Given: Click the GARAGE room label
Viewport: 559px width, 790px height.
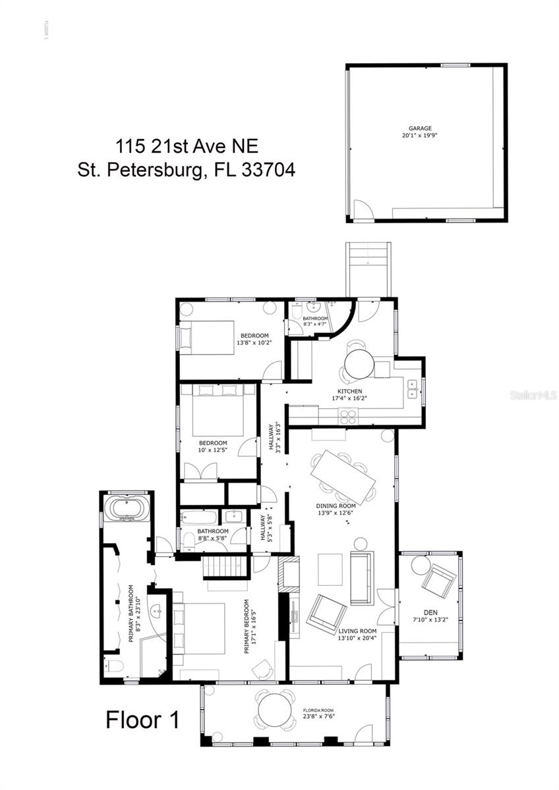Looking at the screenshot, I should (419, 128).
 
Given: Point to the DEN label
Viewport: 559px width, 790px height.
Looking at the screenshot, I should (430, 612).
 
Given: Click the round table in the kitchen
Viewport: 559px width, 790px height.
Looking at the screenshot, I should (359, 364).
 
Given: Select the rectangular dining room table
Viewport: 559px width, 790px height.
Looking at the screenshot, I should (343, 476).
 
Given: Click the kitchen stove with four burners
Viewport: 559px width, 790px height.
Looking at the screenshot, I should (347, 415).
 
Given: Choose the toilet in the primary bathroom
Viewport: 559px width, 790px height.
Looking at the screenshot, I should (115, 666).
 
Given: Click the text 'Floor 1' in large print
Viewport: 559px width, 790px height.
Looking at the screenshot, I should (142, 719).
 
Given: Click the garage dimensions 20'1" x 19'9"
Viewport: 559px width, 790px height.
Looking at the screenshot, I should (419, 135).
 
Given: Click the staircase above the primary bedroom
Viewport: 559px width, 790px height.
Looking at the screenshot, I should (225, 566).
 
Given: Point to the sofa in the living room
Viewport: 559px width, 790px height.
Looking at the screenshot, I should (361, 578).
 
